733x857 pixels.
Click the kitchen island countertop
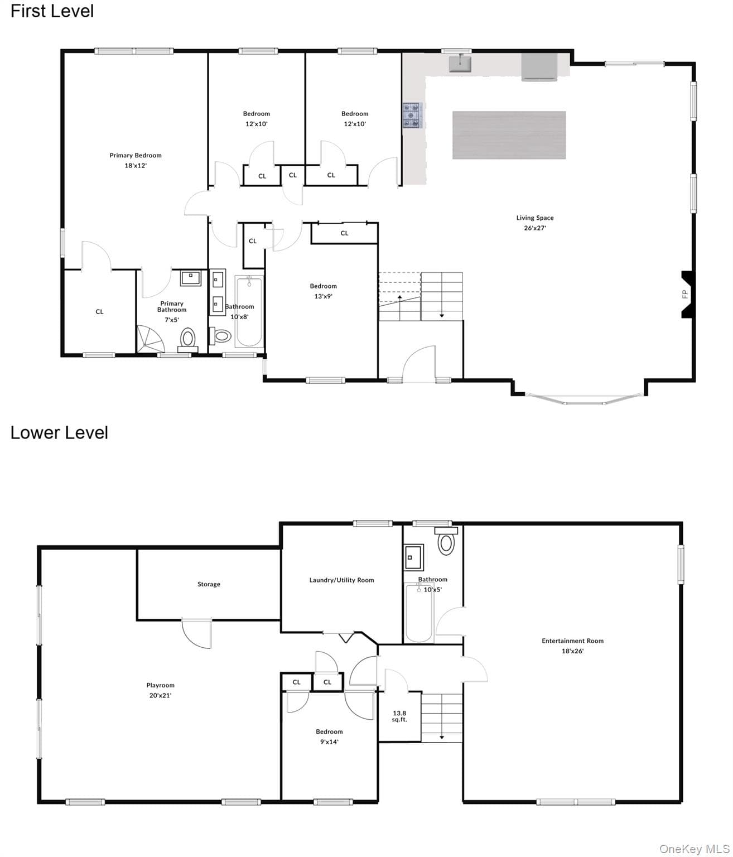click(x=509, y=135)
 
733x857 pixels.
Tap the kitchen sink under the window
click(x=460, y=64)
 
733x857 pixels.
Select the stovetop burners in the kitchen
click(x=412, y=115)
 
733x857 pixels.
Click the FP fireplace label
click(x=684, y=294)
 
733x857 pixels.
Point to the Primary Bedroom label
click(x=136, y=155)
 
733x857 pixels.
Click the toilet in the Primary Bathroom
click(x=188, y=339)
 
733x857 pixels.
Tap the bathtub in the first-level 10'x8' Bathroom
click(x=249, y=311)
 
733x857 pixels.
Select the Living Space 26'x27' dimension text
click(x=535, y=228)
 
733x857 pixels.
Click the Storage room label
click(x=209, y=584)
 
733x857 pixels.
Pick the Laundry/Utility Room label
click(x=341, y=580)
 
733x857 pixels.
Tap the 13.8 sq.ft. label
click(x=399, y=716)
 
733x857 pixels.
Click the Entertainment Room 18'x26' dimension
click(x=572, y=651)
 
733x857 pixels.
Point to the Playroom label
click(x=161, y=685)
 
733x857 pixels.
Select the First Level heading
click(x=52, y=11)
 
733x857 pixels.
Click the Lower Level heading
click(x=59, y=433)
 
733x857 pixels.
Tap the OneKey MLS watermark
click(x=695, y=847)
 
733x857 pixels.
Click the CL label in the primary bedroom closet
click(x=99, y=311)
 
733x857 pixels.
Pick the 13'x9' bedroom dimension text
click(x=323, y=296)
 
